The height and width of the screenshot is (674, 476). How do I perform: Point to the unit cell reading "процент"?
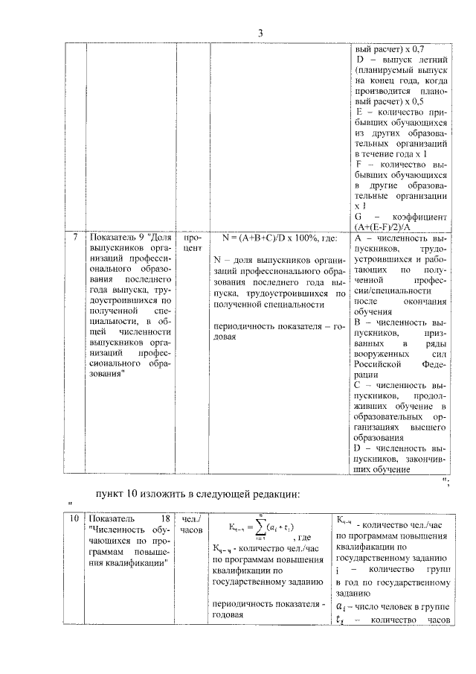pos(193,245)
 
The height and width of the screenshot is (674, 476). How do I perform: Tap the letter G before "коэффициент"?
pos(361,216)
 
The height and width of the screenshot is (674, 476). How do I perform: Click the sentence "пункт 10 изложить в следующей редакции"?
pos(198,494)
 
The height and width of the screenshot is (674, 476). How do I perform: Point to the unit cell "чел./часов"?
pos(193,524)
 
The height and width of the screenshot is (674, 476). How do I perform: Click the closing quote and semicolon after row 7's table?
pos(446,483)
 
